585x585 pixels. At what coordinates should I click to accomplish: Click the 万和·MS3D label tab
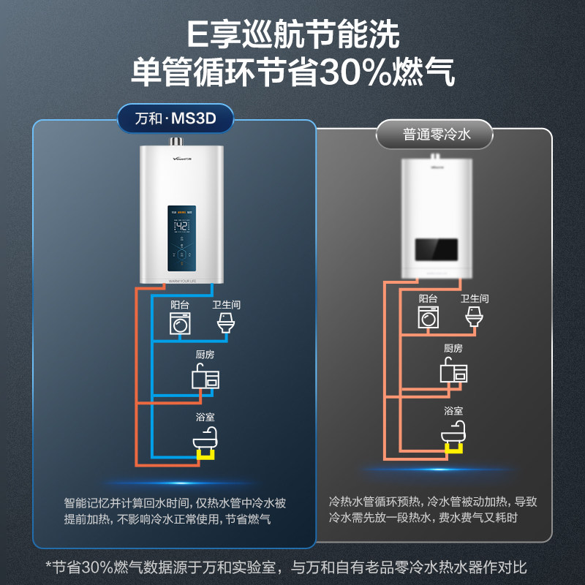(175, 118)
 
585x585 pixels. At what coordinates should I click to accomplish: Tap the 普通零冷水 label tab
(434, 135)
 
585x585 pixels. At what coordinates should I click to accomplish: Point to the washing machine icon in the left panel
(180, 323)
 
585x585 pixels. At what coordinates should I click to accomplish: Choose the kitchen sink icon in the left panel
(205, 377)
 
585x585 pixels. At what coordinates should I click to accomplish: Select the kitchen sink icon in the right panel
(453, 371)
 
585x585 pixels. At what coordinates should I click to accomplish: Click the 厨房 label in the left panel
(205, 356)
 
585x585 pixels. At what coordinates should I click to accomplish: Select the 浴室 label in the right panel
(453, 411)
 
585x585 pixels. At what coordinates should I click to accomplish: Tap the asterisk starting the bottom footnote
(49, 565)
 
